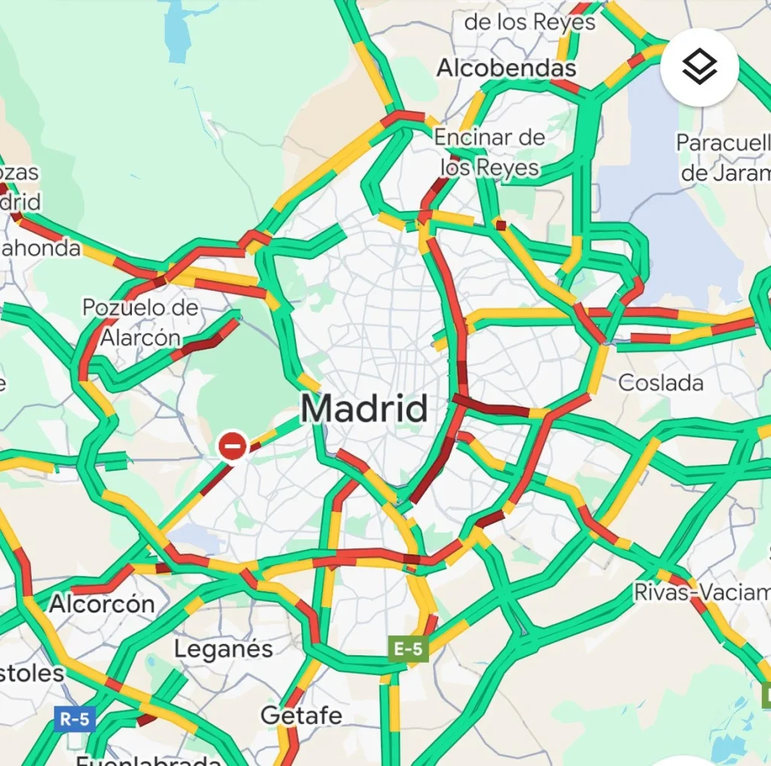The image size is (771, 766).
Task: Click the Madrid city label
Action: click(x=364, y=409)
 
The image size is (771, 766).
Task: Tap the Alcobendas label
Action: click(x=506, y=68)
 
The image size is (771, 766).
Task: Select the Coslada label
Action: click(x=660, y=383)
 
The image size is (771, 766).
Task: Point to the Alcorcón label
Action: click(x=102, y=603)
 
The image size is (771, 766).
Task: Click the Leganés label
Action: click(x=224, y=649)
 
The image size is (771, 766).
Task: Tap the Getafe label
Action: click(x=301, y=715)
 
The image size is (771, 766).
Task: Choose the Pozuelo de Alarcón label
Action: click(x=141, y=322)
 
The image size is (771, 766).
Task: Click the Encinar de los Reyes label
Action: click(x=489, y=151)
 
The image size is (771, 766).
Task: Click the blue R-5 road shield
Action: click(x=75, y=719)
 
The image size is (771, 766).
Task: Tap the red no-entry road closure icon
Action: click(x=233, y=446)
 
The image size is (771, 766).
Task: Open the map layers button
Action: click(x=699, y=68)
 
